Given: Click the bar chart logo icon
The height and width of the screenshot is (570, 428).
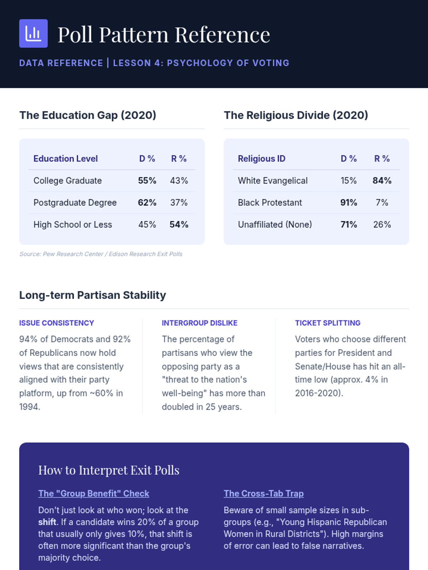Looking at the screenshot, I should [x=33, y=33].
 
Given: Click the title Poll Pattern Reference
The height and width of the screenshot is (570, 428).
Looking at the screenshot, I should [x=164, y=35].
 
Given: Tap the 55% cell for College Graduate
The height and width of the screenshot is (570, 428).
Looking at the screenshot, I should [x=147, y=181].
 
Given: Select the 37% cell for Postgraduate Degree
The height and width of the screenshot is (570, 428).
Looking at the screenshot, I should [x=179, y=203].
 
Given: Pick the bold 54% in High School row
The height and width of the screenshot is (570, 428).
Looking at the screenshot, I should [x=179, y=224].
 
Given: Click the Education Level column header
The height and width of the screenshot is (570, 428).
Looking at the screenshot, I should [x=66, y=159].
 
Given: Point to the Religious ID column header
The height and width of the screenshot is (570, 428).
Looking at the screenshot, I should [x=261, y=159].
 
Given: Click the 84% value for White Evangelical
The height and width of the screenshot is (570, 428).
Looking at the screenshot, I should [x=382, y=181].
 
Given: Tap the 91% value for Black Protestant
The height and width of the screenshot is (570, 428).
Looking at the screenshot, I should [x=348, y=203].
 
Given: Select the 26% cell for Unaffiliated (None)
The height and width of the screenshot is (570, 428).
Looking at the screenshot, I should [x=382, y=224].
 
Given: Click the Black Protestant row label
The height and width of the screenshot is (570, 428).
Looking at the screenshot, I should [x=270, y=203].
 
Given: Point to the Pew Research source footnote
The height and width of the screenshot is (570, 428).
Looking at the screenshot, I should [x=101, y=254].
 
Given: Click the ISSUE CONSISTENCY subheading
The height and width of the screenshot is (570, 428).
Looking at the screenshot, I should [x=57, y=323].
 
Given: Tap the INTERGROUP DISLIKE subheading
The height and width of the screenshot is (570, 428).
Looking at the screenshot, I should [x=199, y=323].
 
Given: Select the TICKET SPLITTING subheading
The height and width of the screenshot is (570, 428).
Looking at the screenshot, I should [x=327, y=323].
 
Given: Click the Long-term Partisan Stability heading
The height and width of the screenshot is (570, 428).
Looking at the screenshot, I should [x=93, y=295].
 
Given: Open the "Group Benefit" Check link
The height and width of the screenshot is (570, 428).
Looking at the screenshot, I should [x=94, y=493].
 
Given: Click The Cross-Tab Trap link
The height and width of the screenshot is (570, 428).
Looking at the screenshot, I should [x=264, y=493].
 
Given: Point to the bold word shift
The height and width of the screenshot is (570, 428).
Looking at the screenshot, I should [x=47, y=522].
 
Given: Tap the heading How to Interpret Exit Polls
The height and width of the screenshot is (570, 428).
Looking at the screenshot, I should [x=109, y=470].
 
